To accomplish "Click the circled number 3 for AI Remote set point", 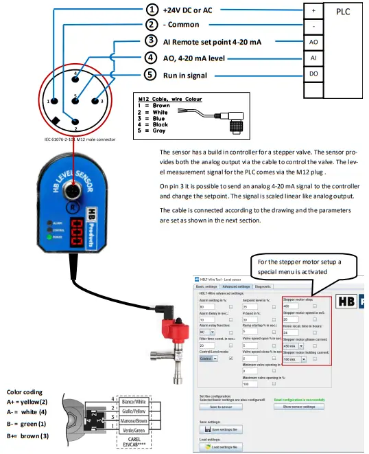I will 152,42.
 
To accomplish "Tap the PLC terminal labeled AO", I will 313,43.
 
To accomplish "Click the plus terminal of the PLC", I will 313,11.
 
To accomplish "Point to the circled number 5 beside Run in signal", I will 152,74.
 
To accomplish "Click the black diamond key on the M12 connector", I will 54,122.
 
